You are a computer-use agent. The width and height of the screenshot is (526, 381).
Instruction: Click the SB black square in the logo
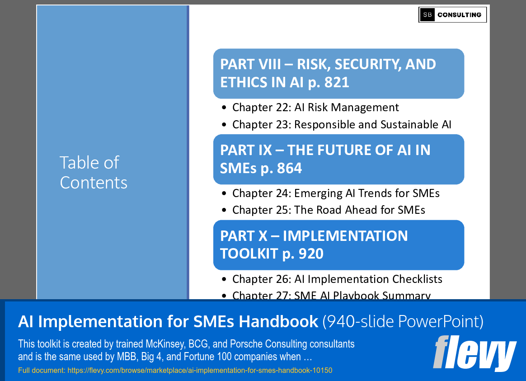tap(427, 15)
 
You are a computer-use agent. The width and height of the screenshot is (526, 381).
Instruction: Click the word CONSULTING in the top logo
tap(459, 15)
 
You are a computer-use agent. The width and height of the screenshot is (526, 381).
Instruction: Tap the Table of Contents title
tap(94, 172)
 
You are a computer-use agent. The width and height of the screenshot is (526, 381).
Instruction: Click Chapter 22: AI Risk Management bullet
tap(315, 108)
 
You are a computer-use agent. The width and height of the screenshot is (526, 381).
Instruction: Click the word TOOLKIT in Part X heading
tap(249, 254)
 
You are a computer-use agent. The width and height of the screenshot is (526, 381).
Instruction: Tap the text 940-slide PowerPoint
tap(403, 322)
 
